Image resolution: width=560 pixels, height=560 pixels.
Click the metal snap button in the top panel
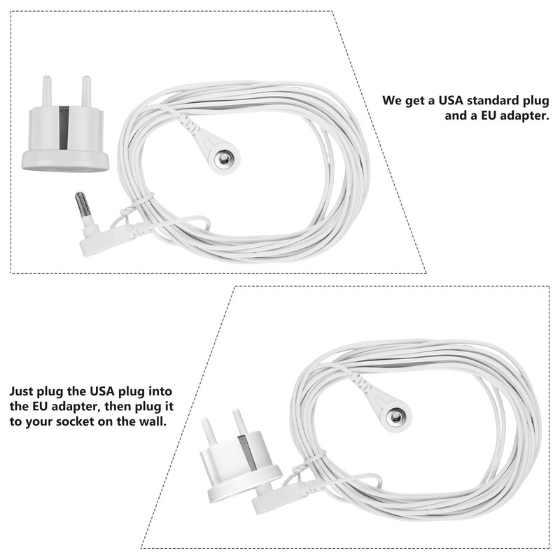point(223,160)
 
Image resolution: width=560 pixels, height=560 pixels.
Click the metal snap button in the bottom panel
point(397,418)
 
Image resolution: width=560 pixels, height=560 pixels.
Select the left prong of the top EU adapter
point(48,91)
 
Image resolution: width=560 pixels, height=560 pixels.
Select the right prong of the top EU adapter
point(86,90)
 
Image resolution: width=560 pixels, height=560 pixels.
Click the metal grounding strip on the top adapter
point(64,127)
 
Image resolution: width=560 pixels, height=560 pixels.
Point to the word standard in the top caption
point(496,100)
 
